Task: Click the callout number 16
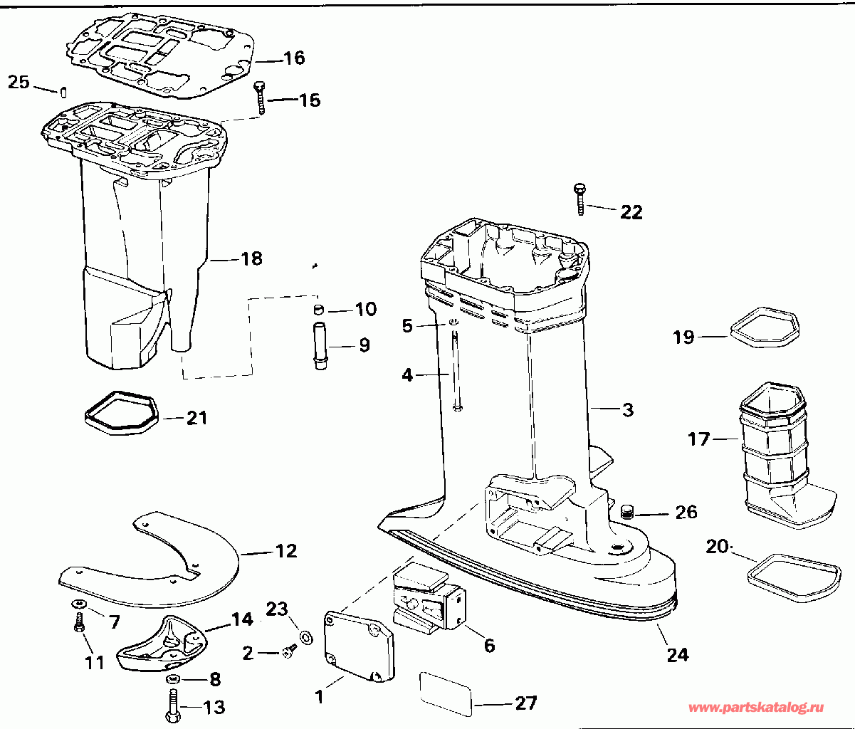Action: (295, 58)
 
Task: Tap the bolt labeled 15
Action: (260, 98)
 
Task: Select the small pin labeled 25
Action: (63, 92)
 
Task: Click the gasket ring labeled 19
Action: (765, 327)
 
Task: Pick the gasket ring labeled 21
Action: (122, 412)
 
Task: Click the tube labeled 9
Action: (320, 345)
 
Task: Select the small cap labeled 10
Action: (318, 309)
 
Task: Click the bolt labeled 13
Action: (173, 705)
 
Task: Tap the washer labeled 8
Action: (172, 679)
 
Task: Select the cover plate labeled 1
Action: (359, 646)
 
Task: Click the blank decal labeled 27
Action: (446, 694)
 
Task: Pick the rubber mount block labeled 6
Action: (429, 596)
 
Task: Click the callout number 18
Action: (251, 259)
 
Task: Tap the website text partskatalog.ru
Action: (757, 708)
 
